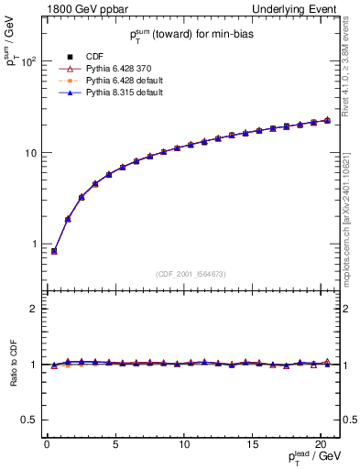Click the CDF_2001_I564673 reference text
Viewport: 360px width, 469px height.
[x=192, y=274]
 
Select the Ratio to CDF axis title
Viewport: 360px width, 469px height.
[x=14, y=365]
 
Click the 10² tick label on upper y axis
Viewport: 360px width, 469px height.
[x=29, y=61]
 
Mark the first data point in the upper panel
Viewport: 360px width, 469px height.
[x=54, y=251]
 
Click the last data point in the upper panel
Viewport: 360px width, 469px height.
[x=327, y=120]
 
